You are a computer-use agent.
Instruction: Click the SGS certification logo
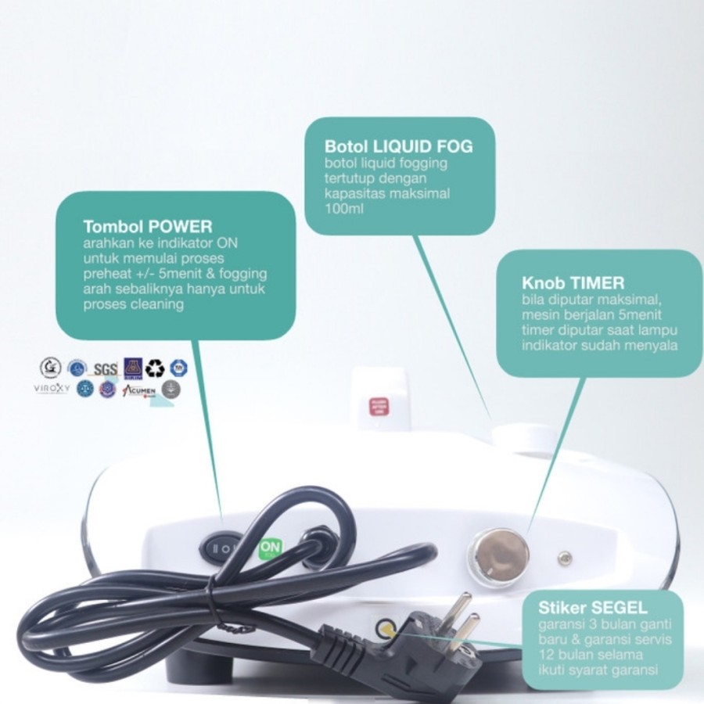pos(105,368)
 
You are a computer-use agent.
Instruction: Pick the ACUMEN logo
pos(141,389)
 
